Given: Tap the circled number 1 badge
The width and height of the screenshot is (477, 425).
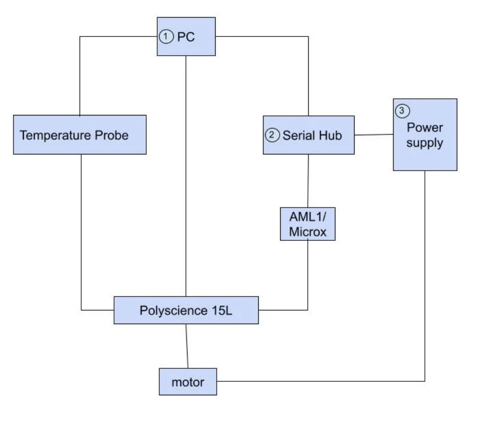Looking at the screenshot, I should pyautogui.click(x=165, y=36).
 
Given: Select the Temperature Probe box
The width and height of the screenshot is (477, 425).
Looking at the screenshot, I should pyautogui.click(x=80, y=135).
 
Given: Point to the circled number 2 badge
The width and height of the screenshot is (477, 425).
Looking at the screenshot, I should pyautogui.click(x=272, y=135).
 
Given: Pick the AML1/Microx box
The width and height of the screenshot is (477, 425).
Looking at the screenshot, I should pyautogui.click(x=307, y=224).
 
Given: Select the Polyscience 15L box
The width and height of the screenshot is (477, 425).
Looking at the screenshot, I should pyautogui.click(x=186, y=310).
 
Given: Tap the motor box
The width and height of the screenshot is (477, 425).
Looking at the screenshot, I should pyautogui.click(x=187, y=382).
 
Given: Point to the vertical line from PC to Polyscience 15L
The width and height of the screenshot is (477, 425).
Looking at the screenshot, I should pyautogui.click(x=186, y=177).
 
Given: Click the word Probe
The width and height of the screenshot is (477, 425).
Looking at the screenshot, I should pyautogui.click(x=112, y=135).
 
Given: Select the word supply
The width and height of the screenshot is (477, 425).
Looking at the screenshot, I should pyautogui.click(x=424, y=143).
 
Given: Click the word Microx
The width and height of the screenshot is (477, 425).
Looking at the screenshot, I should pyautogui.click(x=307, y=232).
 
